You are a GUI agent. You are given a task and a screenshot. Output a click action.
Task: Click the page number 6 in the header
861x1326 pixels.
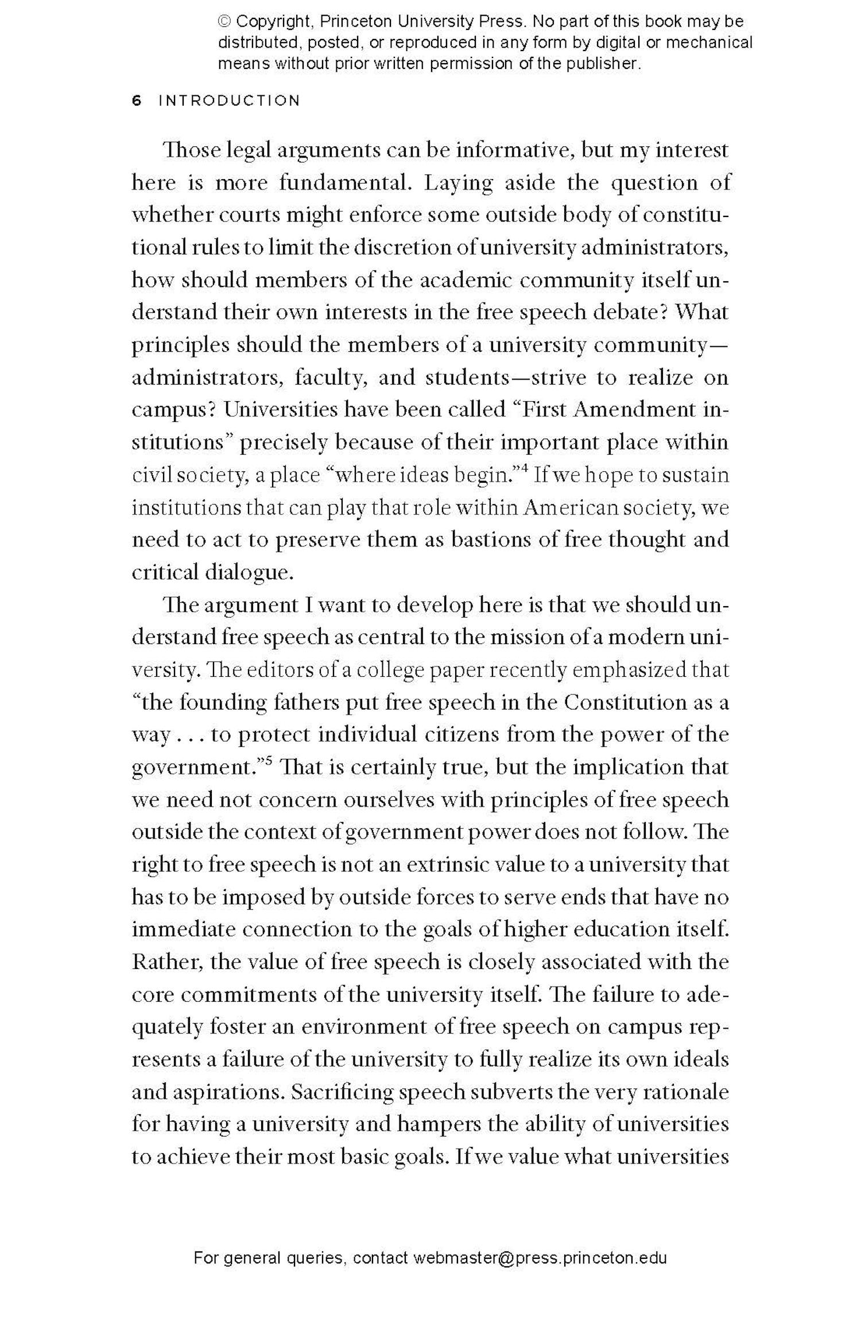click(x=136, y=100)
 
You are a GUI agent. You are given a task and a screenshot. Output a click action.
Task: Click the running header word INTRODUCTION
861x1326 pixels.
click(x=229, y=100)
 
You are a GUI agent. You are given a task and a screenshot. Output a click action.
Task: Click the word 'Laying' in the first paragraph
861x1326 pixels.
click(x=458, y=183)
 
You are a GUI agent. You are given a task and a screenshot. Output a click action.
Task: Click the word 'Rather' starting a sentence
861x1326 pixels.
click(x=166, y=962)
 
